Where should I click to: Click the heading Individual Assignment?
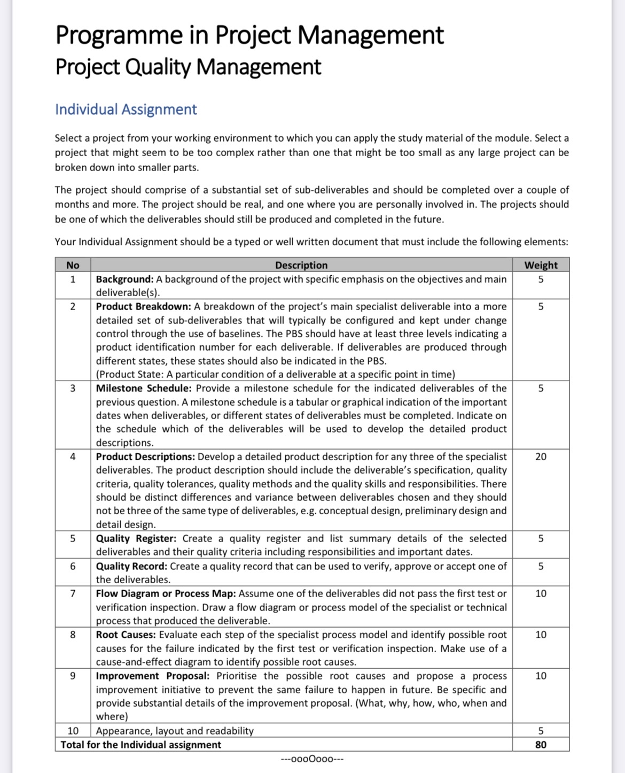126,110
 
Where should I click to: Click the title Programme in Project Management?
249,35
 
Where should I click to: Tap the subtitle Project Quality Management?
188,67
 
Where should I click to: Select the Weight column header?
541,265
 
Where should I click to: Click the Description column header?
301,265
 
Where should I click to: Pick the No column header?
73,265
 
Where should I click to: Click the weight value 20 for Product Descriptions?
541,457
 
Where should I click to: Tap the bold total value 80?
541,745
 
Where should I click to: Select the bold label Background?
124,279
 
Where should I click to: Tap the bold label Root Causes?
126,635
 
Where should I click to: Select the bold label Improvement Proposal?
153,676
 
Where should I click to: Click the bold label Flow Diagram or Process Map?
166,593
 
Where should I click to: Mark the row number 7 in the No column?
73,593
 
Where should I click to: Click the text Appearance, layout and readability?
175,731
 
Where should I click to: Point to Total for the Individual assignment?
140,745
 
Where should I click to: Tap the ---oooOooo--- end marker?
312,759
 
